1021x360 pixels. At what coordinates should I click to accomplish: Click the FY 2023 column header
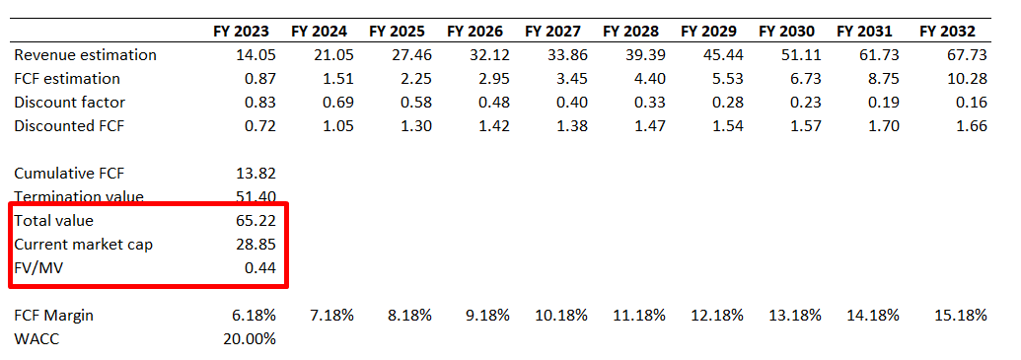[x=241, y=31]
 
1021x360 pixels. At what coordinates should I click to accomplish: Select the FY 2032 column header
[x=947, y=31]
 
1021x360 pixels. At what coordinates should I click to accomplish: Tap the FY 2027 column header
[x=554, y=31]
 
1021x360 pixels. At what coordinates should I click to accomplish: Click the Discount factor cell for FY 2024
[x=333, y=102]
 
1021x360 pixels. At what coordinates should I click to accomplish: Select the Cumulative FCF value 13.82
[x=255, y=173]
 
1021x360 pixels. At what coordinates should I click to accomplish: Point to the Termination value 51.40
[x=255, y=197]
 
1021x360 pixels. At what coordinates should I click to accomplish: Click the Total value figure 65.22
[x=255, y=221]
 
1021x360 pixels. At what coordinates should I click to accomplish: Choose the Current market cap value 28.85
[x=255, y=244]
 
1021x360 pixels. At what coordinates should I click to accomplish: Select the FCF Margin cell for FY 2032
[x=959, y=315]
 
